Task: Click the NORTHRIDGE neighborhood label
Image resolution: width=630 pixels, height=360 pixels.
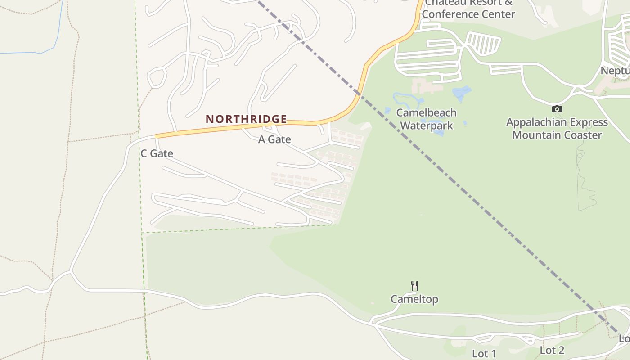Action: click(246, 119)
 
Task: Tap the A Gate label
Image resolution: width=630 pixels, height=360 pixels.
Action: click(274, 140)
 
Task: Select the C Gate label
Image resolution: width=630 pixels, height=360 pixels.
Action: click(157, 153)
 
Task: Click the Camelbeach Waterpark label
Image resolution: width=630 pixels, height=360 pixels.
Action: click(426, 119)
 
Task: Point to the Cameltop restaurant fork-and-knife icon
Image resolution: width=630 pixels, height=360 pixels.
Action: click(414, 286)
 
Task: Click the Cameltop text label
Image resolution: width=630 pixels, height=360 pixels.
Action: click(414, 299)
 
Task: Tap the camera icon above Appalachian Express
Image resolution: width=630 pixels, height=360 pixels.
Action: click(557, 109)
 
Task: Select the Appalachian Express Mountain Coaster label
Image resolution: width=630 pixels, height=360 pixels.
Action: click(557, 129)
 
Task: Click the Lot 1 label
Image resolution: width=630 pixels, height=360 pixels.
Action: click(484, 354)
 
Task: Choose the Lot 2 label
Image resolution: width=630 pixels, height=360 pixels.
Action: click(552, 350)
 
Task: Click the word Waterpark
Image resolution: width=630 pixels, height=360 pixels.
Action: click(426, 126)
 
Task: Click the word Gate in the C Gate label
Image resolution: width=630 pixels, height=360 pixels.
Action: click(162, 153)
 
